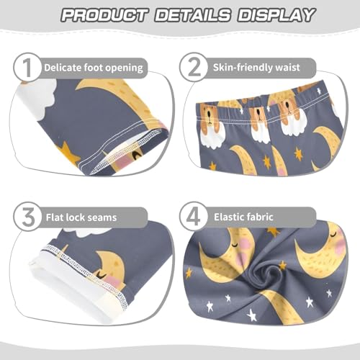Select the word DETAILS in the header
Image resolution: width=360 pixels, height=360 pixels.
[x=187, y=14]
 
